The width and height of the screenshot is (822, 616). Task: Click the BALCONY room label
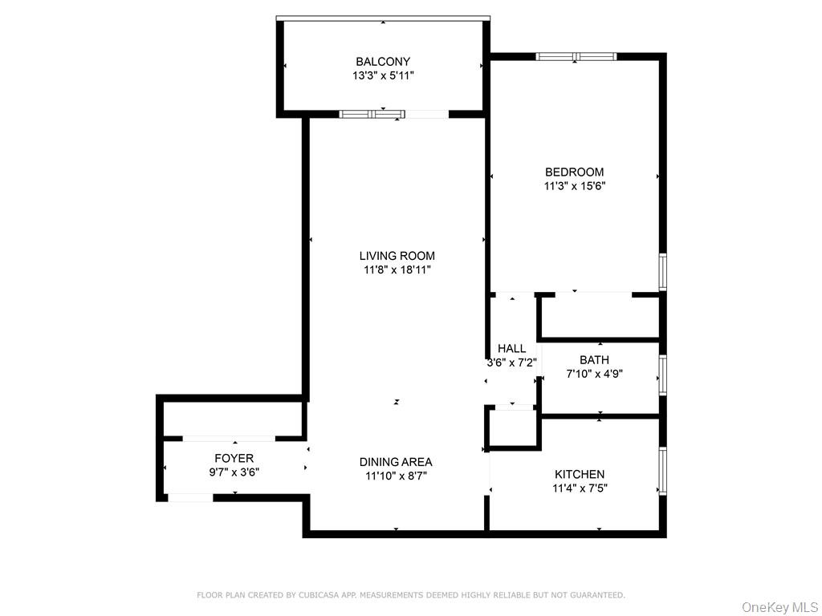(x=383, y=62)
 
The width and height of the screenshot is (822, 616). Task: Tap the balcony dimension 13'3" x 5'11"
(x=383, y=75)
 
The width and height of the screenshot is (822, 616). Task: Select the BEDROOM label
(x=574, y=172)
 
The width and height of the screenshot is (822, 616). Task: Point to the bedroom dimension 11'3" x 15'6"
(x=574, y=185)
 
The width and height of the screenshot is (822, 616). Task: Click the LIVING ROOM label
(x=397, y=256)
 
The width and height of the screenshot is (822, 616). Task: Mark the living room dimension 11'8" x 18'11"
(x=397, y=270)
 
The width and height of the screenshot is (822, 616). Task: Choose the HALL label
(x=511, y=348)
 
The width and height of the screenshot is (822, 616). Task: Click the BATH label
(x=594, y=360)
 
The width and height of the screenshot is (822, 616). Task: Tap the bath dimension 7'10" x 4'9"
(x=594, y=373)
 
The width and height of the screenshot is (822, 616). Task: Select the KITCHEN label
(x=579, y=474)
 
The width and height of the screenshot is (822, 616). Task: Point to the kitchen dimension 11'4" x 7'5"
(x=579, y=488)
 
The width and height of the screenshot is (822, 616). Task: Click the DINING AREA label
(x=396, y=462)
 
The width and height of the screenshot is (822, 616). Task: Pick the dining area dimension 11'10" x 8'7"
(x=396, y=476)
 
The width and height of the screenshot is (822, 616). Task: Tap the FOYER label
(x=234, y=458)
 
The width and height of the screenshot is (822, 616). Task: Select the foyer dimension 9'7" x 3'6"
(x=234, y=472)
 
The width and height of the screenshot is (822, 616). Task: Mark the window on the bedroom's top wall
(x=576, y=57)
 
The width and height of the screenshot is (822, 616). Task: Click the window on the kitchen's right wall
(x=663, y=471)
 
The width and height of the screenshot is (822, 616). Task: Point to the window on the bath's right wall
(x=663, y=375)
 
